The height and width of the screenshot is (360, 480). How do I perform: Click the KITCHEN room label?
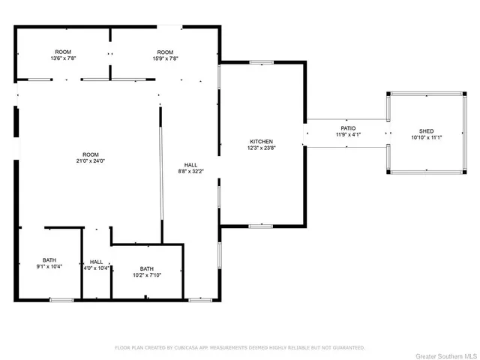pyautogui.click(x=261, y=141)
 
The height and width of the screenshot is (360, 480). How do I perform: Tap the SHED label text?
pyautogui.click(x=427, y=131)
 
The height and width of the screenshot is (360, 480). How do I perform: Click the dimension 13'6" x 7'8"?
pyautogui.click(x=64, y=58)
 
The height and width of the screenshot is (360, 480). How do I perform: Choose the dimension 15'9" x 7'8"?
pyautogui.click(x=166, y=58)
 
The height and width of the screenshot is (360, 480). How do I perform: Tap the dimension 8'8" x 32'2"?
pyautogui.click(x=190, y=171)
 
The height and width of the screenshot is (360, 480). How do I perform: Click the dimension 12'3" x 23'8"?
pyautogui.click(x=261, y=148)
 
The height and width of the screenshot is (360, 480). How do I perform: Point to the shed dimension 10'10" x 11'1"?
pyautogui.click(x=427, y=138)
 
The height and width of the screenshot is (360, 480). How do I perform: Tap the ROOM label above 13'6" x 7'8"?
pyautogui.click(x=64, y=52)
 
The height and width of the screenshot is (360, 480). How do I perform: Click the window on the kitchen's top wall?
pyautogui.click(x=260, y=63)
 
